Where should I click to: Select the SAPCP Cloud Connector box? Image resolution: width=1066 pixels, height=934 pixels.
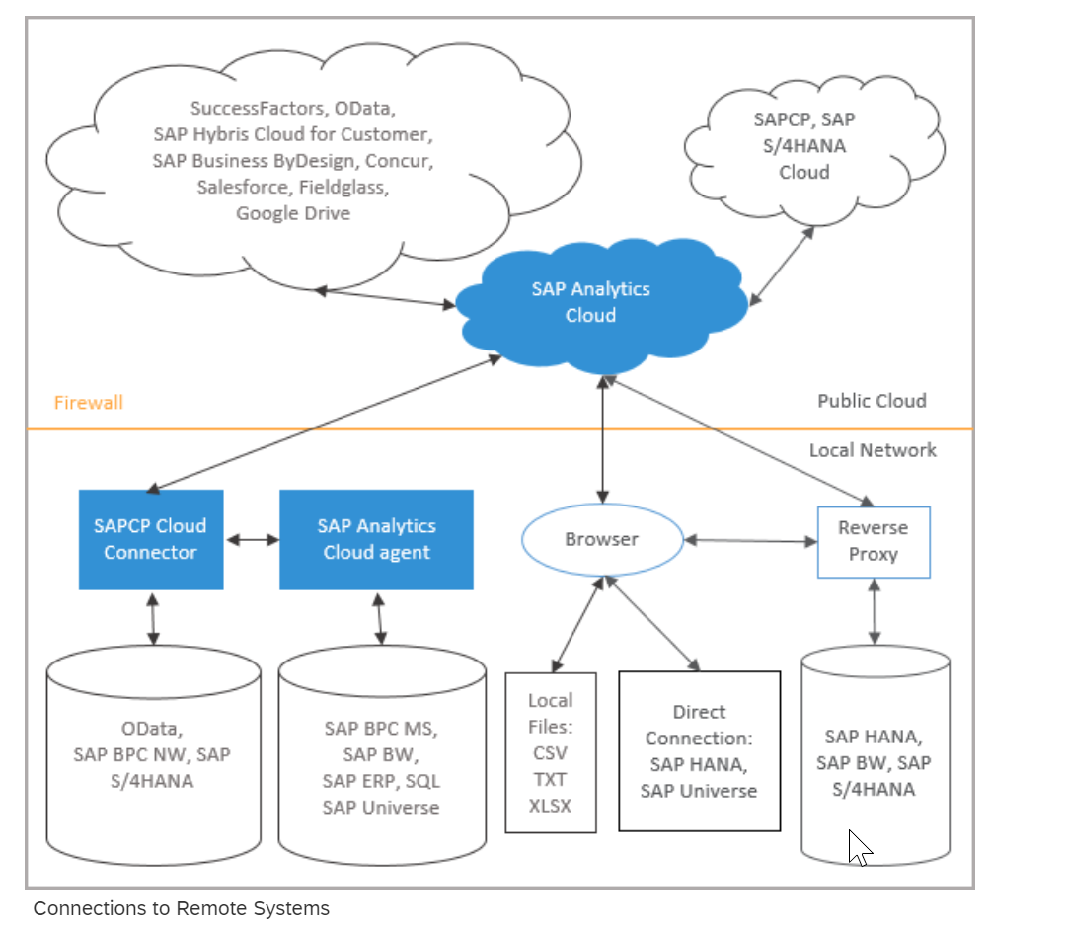point(151,539)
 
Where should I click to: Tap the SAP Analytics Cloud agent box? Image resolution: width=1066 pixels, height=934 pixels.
point(376,539)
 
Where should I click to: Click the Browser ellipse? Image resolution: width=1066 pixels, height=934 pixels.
point(601,540)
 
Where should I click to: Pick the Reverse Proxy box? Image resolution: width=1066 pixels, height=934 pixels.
point(874,541)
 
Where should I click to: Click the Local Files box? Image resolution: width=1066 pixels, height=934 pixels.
point(551,752)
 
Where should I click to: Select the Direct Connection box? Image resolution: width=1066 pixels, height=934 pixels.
point(699,751)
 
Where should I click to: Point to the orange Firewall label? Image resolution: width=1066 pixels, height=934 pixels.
point(89,403)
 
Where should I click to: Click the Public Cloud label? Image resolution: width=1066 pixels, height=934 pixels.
point(872,401)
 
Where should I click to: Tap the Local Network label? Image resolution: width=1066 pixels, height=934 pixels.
point(873,450)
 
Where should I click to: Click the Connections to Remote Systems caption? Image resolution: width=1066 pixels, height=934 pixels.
point(182,908)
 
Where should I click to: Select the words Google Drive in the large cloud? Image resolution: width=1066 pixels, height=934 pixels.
point(293,213)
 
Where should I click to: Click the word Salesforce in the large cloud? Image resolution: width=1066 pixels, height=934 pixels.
point(238,187)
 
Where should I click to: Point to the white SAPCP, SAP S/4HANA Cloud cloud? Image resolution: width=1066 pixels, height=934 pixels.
point(804,146)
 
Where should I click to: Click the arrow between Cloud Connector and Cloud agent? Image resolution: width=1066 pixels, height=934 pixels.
point(253,540)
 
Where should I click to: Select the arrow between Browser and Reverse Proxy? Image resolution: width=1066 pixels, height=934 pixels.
point(750,540)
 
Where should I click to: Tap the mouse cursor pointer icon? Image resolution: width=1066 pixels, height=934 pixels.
point(860,847)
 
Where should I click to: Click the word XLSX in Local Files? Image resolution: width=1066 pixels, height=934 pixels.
point(551,805)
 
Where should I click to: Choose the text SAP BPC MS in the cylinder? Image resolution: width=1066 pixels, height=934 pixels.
point(380,729)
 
